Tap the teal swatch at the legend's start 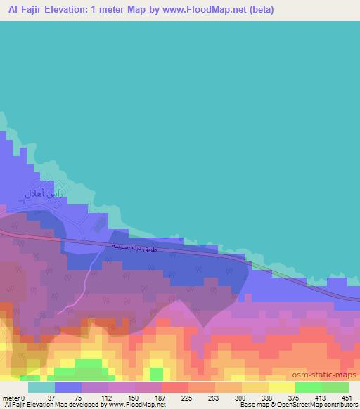point(41,387)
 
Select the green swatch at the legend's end point(335,387)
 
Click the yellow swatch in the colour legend point(281,387)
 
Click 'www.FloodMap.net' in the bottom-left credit point(134,405)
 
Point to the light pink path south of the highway point(89,278)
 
